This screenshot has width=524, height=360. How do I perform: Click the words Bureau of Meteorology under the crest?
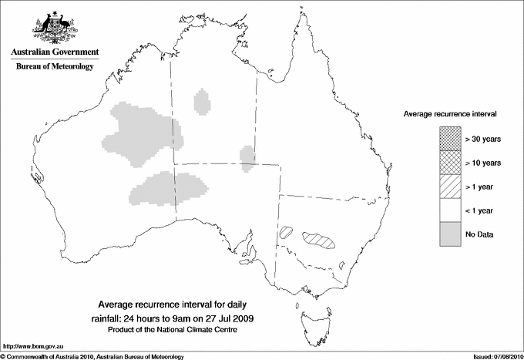[x=55, y=67]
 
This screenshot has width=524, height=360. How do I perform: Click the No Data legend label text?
[x=479, y=234]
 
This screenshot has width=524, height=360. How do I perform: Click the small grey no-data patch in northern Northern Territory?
[x=203, y=101]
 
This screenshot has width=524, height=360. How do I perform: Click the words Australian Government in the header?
[x=55, y=52]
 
